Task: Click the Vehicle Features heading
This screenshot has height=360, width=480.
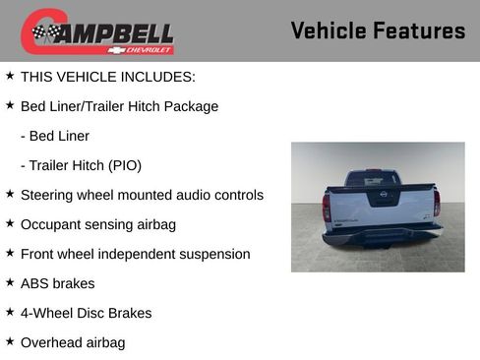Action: click(x=378, y=30)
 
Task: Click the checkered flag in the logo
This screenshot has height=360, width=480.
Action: click(x=44, y=33)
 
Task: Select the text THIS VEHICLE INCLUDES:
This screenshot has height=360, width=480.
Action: click(x=108, y=77)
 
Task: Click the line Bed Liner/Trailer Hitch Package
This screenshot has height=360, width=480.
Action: click(x=119, y=106)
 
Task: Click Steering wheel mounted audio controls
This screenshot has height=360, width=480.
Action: click(x=142, y=195)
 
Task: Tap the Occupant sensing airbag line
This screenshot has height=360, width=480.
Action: click(x=98, y=224)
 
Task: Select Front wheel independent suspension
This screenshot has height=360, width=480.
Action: click(x=135, y=254)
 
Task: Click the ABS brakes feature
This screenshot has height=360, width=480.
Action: click(x=58, y=283)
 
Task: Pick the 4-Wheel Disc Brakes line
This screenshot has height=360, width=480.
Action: click(x=87, y=313)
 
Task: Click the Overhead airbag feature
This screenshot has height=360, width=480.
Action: click(x=73, y=342)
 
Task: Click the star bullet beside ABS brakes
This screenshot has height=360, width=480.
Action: click(x=10, y=282)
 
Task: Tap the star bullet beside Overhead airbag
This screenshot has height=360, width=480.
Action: click(x=10, y=341)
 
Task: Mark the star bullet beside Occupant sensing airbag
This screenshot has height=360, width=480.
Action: click(x=10, y=223)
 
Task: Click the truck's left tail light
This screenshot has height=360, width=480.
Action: click(x=327, y=206)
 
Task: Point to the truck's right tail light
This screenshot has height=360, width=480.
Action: click(x=437, y=203)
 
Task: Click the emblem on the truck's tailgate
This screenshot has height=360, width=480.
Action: click(x=382, y=198)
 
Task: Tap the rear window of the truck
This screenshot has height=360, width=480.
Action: click(x=373, y=180)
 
